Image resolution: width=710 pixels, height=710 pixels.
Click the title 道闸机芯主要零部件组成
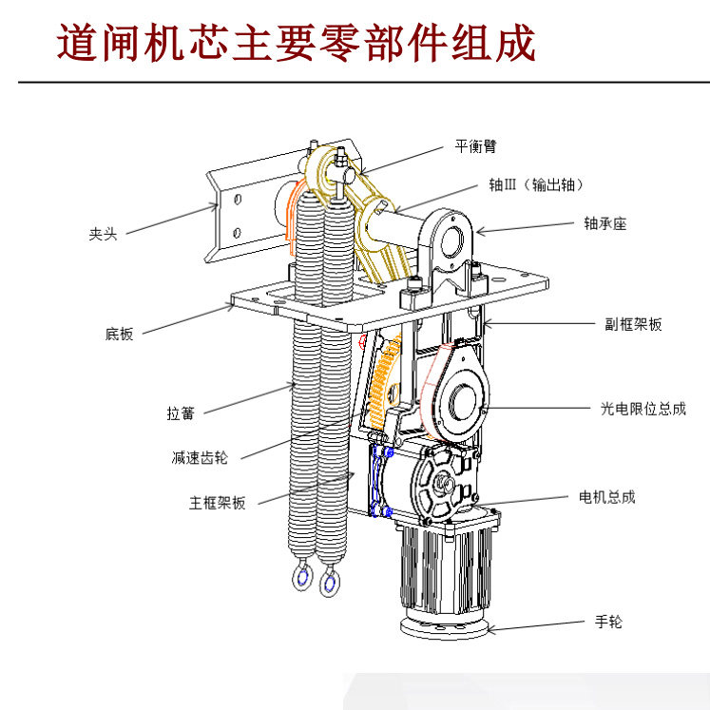[297, 43]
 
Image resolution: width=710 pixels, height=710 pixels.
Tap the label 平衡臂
[475, 146]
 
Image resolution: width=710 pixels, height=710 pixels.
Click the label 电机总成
[606, 496]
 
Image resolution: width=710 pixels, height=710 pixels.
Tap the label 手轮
[608, 623]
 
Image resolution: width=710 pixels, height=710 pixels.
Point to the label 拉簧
[181, 413]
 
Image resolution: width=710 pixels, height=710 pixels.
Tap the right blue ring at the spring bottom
[330, 581]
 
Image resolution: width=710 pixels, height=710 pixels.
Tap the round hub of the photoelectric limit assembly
[464, 401]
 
